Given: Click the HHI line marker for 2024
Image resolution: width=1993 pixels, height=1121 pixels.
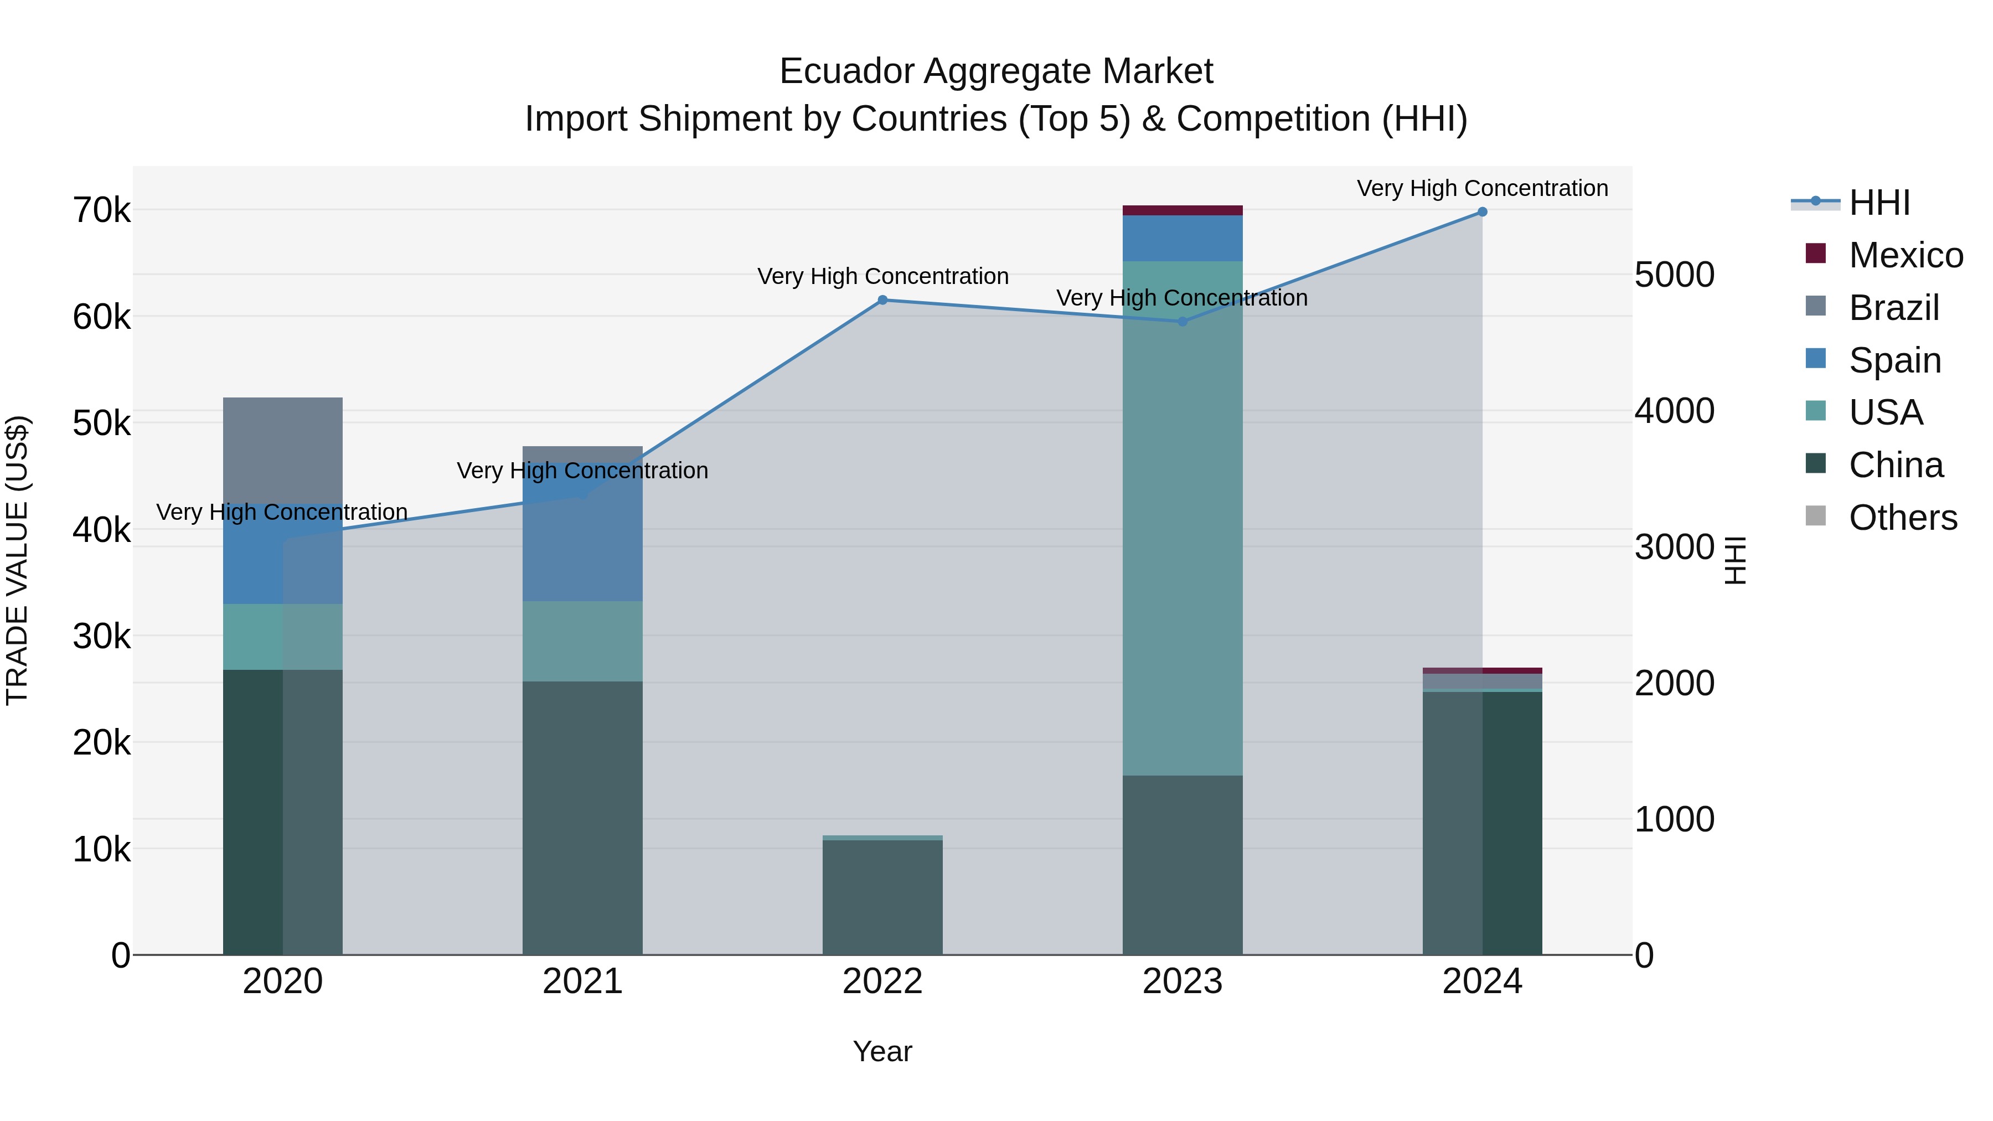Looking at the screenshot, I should [1481, 212].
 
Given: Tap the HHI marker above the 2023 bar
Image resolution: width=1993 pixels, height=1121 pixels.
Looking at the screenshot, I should [1182, 322].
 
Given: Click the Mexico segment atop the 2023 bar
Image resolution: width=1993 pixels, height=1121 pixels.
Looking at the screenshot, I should [1182, 210].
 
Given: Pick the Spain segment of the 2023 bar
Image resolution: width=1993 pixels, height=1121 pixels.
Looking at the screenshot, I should [1182, 238].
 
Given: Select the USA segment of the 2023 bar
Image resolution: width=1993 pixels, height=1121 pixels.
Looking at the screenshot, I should [1182, 518].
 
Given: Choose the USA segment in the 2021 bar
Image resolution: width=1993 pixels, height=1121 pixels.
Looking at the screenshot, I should [582, 642].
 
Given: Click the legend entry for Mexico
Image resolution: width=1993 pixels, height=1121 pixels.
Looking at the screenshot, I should [1905, 255].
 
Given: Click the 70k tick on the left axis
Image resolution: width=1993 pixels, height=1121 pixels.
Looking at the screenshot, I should [101, 210].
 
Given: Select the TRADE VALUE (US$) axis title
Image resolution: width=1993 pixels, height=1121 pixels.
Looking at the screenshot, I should [17, 560].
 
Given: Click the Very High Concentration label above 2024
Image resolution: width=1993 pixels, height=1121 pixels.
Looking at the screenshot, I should [1481, 188].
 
